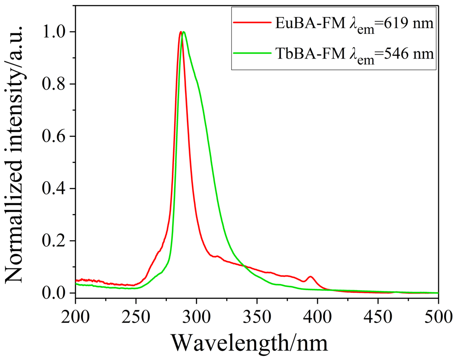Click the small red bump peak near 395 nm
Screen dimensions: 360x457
[310, 277]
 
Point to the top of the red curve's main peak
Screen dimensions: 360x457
[181, 32]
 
